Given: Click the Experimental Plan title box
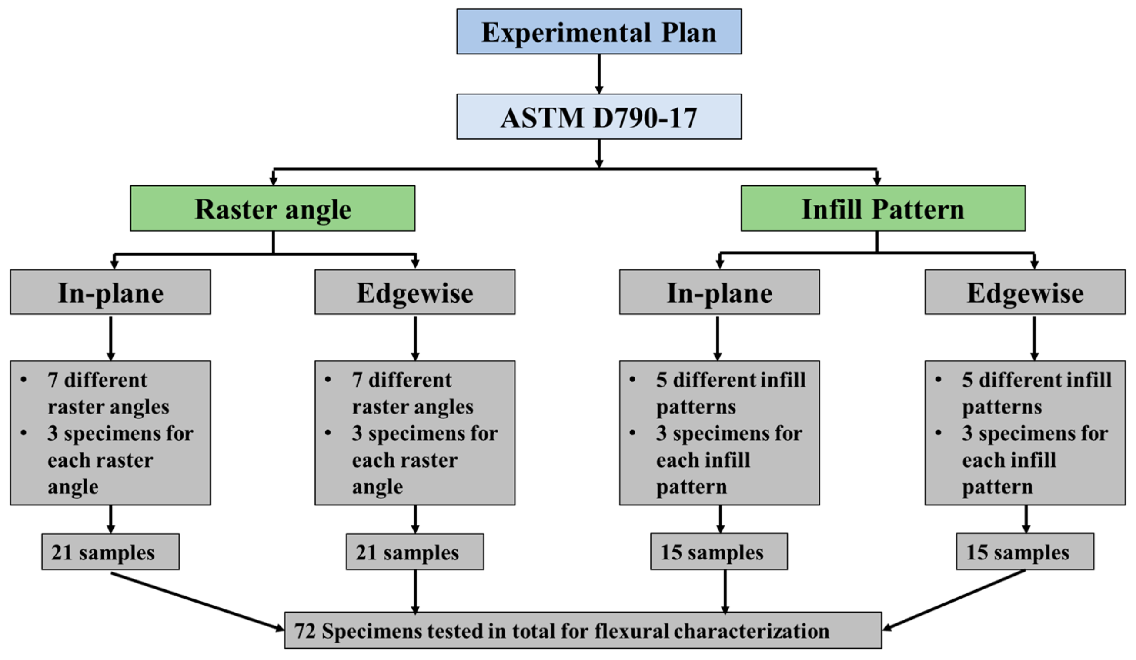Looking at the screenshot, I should [x=598, y=32].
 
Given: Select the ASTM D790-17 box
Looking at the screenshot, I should [x=598, y=117].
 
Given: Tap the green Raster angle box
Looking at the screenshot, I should [x=273, y=209].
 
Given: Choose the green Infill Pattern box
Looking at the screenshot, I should [x=882, y=209].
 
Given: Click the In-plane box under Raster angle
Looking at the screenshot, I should [x=110, y=292].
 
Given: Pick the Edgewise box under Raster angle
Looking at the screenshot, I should [x=415, y=292].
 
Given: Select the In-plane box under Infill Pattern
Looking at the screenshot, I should [x=719, y=292].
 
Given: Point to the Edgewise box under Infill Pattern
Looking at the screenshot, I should [x=1025, y=292].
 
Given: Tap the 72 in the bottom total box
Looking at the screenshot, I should [x=305, y=631].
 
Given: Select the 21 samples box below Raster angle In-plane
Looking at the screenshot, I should [x=110, y=552].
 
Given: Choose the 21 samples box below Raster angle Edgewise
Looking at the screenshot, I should [x=415, y=552].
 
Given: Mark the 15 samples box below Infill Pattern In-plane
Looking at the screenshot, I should [x=719, y=552].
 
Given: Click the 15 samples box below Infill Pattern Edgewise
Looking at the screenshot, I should [x=1025, y=552].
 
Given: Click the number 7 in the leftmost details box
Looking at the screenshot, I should [x=53, y=380].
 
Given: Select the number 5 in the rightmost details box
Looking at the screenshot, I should [x=967, y=380].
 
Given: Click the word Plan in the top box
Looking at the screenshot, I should [x=688, y=33].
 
